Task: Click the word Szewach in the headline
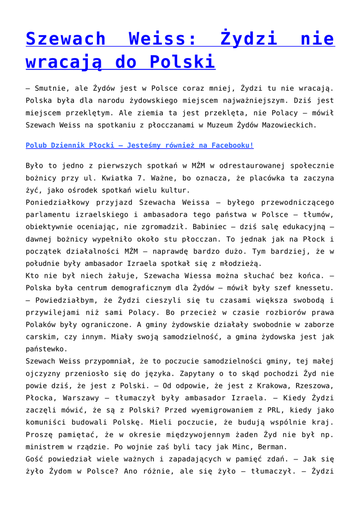pyautogui.click(x=66, y=39)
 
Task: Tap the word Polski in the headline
pyautogui.click(x=183, y=62)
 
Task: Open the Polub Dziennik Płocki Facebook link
pyautogui.click(x=140, y=146)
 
